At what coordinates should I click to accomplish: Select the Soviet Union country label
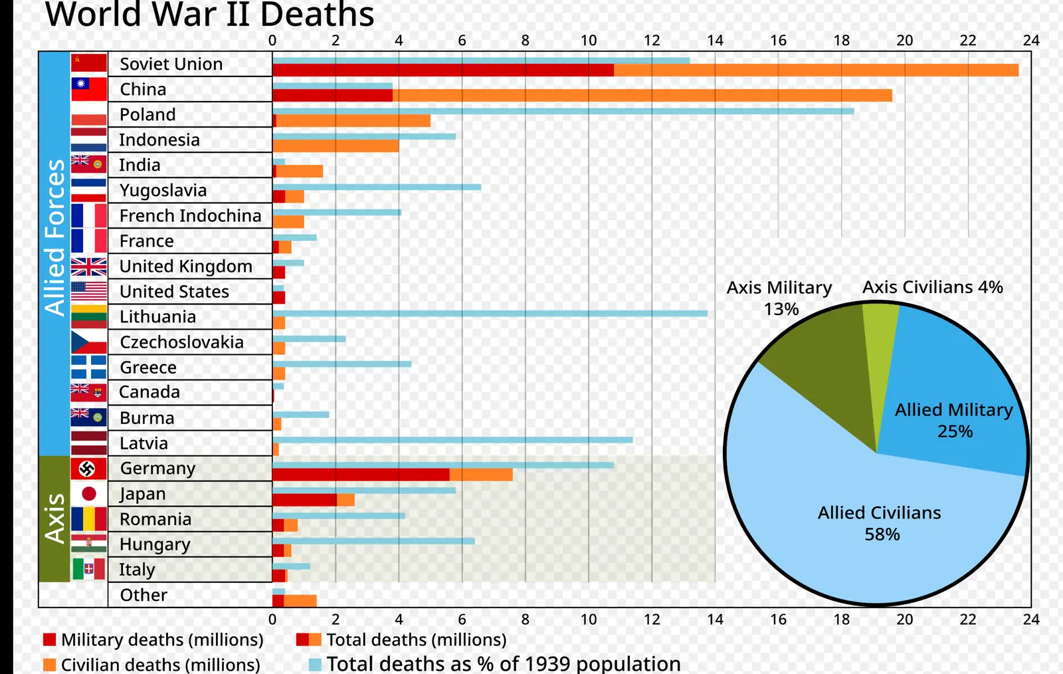(171, 64)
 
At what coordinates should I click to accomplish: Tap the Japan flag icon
(89, 494)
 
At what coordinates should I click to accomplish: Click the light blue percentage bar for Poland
(563, 112)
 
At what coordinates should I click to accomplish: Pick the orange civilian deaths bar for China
(642, 96)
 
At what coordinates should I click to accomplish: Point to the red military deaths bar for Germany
(361, 475)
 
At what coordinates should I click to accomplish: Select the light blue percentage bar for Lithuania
(490, 313)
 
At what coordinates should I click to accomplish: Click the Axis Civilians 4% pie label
(933, 287)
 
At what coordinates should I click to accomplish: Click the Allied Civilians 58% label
(880, 524)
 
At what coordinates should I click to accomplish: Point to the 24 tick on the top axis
(1031, 41)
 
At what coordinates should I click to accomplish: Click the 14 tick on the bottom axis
(715, 619)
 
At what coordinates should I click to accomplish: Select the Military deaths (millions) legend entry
(153, 640)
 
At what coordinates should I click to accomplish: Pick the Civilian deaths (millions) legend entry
(151, 665)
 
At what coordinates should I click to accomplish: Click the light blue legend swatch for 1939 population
(315, 665)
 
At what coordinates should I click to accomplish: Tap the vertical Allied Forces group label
(54, 237)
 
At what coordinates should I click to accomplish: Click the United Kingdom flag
(89, 267)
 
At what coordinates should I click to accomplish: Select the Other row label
(144, 595)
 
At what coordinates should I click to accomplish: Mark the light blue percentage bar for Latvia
(452, 440)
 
